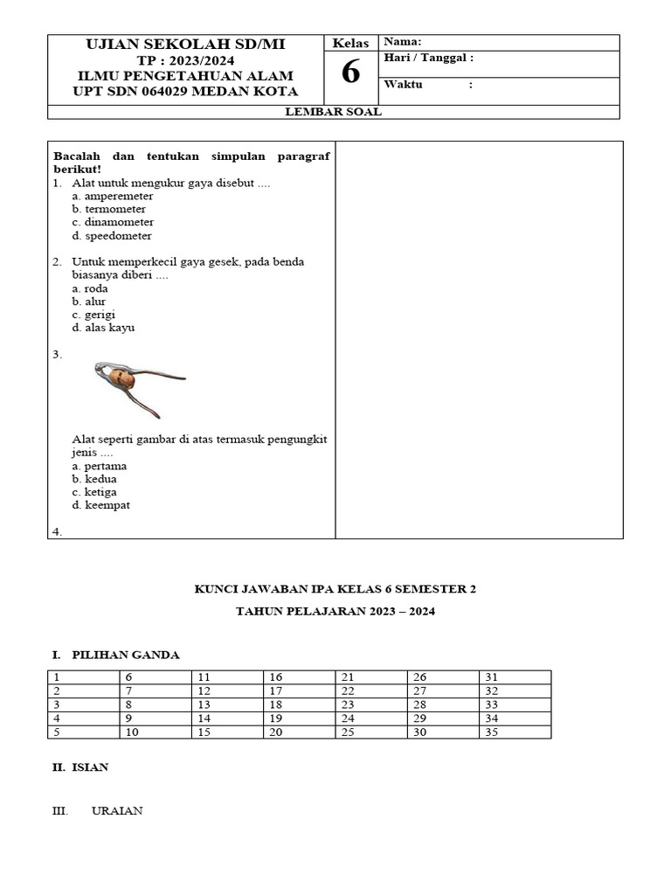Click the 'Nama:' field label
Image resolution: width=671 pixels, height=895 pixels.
[x=403, y=42]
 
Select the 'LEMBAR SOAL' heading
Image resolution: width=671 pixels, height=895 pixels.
[x=334, y=112]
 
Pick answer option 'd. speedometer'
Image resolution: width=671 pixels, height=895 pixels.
[x=112, y=236]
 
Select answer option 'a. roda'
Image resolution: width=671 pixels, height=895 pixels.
[x=90, y=288]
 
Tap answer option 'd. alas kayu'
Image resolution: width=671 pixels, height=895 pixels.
[x=103, y=328]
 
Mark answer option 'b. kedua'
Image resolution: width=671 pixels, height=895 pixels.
[x=94, y=479]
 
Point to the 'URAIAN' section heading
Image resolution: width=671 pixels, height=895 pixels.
[x=117, y=811]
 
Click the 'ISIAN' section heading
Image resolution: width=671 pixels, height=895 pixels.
[x=90, y=767]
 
